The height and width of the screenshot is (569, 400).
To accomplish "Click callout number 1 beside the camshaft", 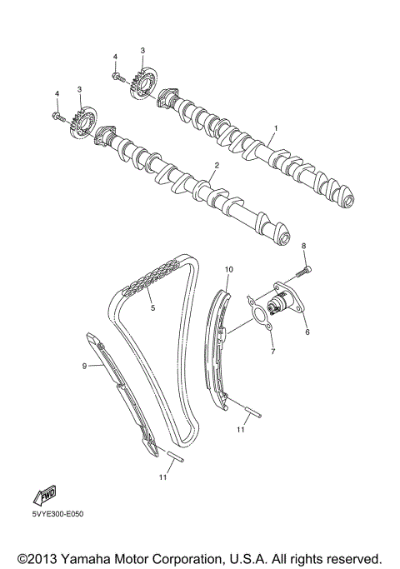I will tap(276, 128).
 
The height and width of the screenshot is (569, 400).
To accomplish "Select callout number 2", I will tap(215, 166).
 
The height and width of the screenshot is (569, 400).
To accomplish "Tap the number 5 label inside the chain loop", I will tap(152, 308).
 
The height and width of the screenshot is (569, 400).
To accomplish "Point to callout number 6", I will tap(307, 332).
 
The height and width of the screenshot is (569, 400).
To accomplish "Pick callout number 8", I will tap(304, 246).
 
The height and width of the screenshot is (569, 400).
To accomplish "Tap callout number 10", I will tap(228, 269).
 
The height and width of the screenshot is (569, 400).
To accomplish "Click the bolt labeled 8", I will tap(301, 269).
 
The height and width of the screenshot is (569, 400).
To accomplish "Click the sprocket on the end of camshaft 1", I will tap(146, 82).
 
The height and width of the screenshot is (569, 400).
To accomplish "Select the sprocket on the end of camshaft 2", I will tap(83, 121).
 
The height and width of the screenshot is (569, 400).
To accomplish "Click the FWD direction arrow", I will tap(43, 497).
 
